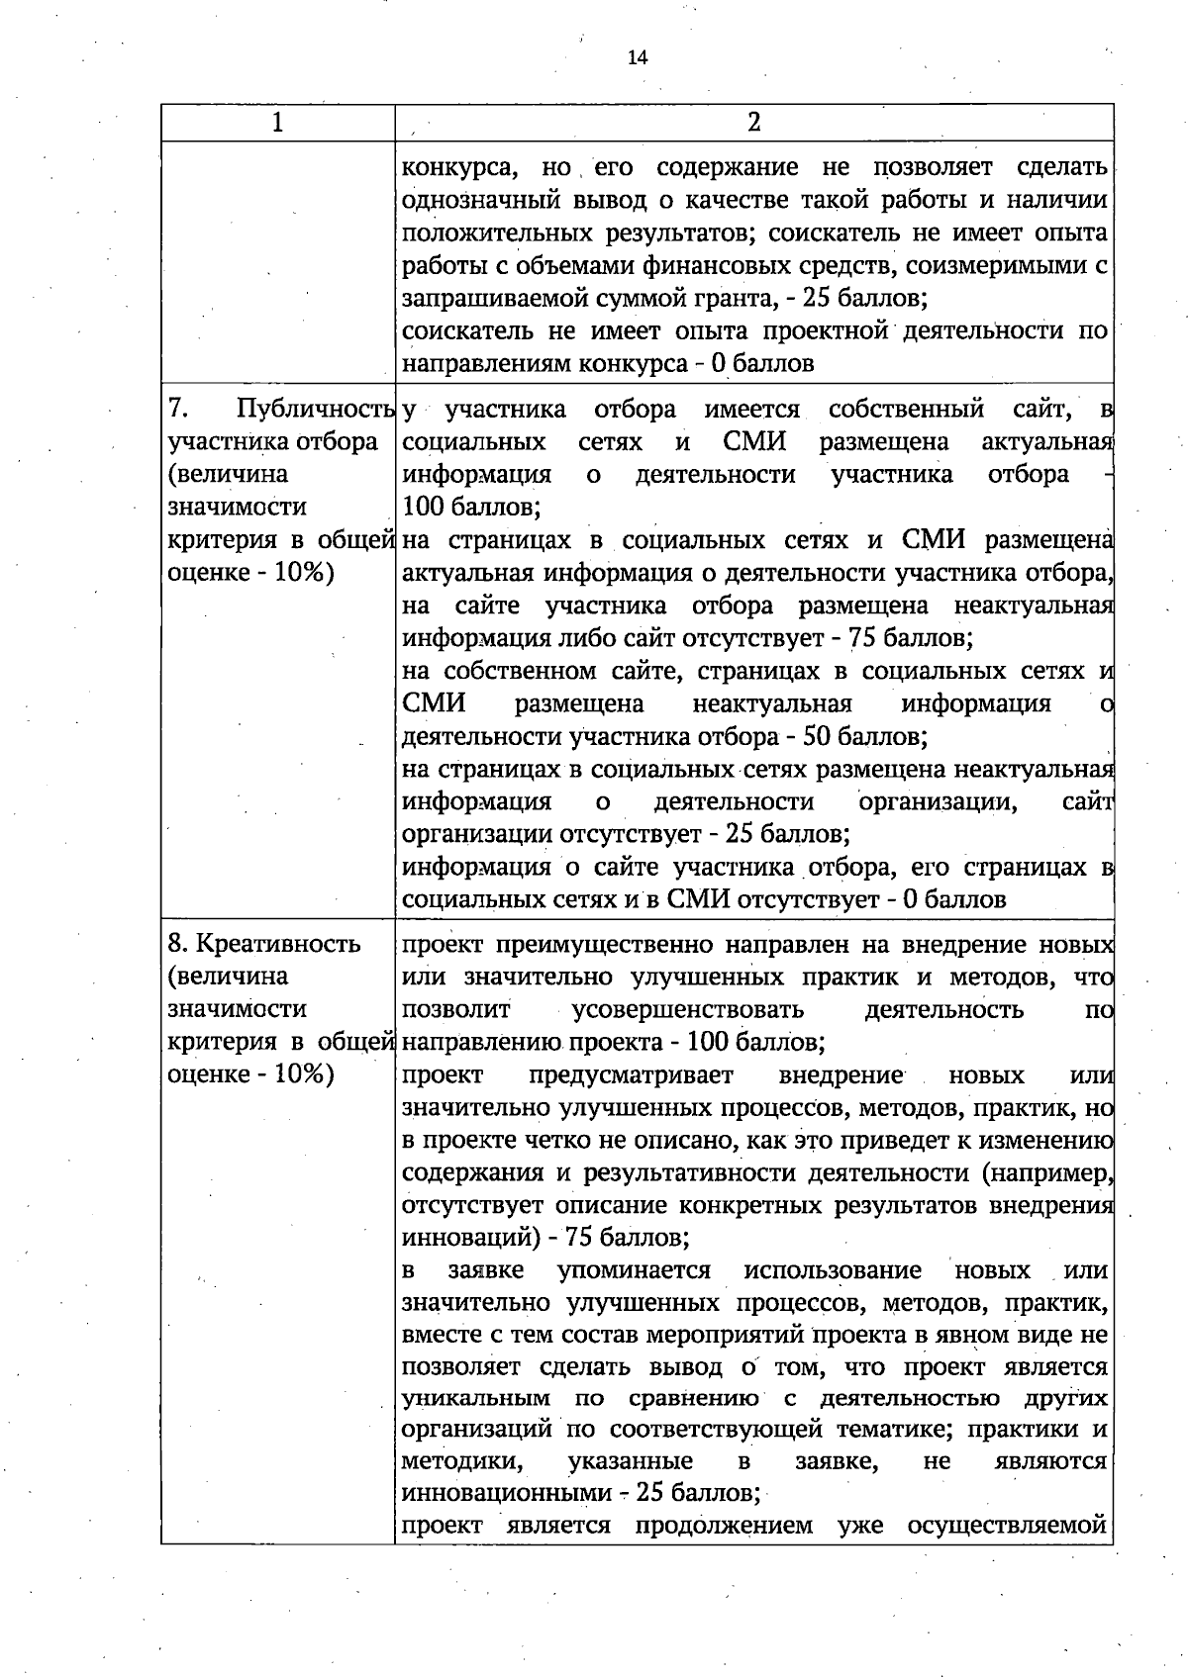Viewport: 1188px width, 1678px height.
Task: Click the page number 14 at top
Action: (x=637, y=57)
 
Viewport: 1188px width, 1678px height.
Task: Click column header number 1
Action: (x=278, y=123)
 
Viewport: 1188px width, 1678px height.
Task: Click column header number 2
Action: (x=754, y=123)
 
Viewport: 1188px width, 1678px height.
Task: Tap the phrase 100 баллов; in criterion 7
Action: (x=471, y=508)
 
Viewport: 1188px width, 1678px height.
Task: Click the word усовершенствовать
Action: (x=688, y=1010)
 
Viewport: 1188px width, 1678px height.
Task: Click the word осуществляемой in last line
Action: (x=1006, y=1525)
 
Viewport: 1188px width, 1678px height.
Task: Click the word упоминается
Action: (x=634, y=1270)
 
